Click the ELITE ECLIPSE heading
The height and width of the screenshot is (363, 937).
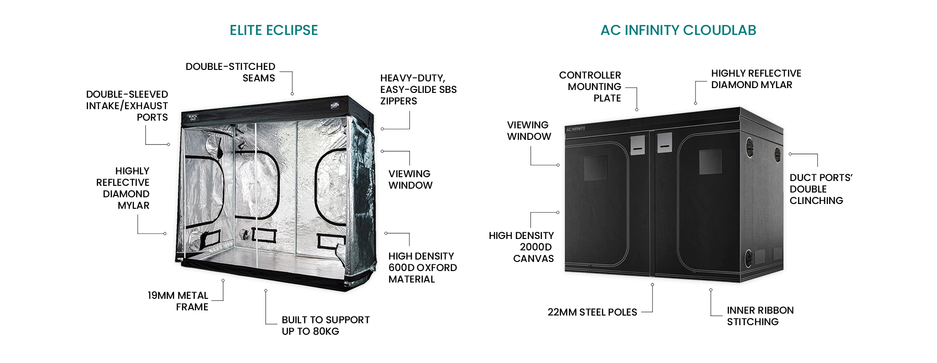274,30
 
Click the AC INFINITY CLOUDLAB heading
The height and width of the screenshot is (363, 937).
678,30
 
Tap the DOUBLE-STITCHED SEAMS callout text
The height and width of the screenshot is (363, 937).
231,72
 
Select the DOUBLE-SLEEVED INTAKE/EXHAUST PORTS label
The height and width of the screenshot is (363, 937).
127,106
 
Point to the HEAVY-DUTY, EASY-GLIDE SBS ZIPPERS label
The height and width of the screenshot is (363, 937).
419,90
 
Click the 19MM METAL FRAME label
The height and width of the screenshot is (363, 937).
178,301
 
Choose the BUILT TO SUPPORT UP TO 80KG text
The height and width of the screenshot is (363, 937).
326,326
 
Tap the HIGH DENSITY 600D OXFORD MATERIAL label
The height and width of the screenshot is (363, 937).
423,268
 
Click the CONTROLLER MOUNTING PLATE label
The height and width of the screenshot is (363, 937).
590,87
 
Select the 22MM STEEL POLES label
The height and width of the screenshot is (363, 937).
592,312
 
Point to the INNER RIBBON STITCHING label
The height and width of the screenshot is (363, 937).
761,316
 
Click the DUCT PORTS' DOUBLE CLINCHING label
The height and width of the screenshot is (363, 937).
821,189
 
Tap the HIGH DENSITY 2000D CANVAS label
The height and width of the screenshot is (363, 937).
521,247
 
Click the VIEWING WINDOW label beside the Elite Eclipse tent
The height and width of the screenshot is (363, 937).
410,180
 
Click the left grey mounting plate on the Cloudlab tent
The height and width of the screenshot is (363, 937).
638,145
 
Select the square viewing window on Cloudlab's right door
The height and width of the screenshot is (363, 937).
710,161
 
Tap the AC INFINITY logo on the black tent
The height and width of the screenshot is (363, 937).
575,129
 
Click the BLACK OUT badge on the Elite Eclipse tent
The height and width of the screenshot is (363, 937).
193,117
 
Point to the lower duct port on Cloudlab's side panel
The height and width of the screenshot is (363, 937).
749,258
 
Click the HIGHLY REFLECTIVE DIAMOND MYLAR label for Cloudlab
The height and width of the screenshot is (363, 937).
756,79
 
